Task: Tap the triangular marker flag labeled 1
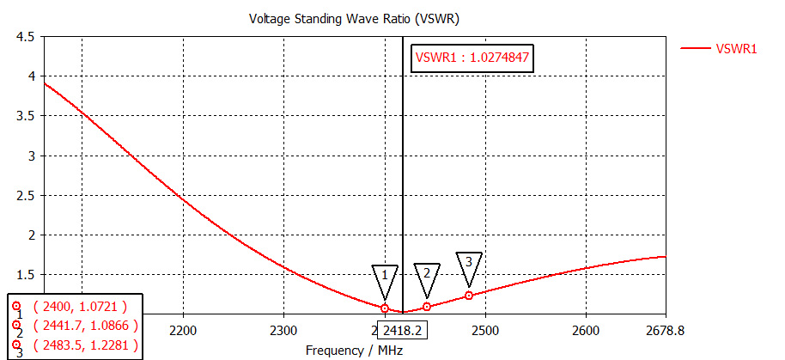pos(385,278)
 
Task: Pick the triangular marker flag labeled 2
pos(426,276)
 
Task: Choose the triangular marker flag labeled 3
pos(469,265)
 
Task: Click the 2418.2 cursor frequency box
pos(402,329)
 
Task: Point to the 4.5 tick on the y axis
pos(26,38)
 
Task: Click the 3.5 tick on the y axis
pos(26,117)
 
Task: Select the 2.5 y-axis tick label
pos(26,196)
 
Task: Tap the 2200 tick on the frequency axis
pos(183,330)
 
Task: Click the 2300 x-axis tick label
pos(283,330)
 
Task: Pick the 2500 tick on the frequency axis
pos(484,330)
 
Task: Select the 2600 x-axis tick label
pos(585,330)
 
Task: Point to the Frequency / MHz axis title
pos(354,350)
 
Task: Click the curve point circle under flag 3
pos(469,296)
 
